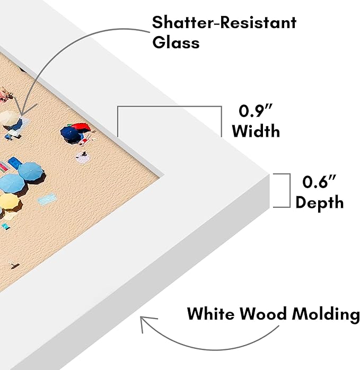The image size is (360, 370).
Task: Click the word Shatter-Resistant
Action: tap(224, 23)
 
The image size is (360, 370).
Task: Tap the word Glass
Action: tap(176, 42)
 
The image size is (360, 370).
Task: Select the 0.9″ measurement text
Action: tap(256, 110)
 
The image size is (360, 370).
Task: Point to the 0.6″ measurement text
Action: tap(319, 182)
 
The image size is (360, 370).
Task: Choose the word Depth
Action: tap(319, 202)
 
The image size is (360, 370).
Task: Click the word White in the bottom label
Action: tap(211, 314)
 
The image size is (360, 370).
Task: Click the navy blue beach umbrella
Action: tap(70, 135)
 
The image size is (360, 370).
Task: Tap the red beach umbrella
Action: tap(81, 127)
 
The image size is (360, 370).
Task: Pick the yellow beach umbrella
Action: tap(10, 202)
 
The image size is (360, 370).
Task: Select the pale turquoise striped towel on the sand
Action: tap(47, 199)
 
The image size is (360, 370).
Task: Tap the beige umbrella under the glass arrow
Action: tap(9, 118)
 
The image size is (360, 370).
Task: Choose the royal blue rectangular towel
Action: tap(15, 163)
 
